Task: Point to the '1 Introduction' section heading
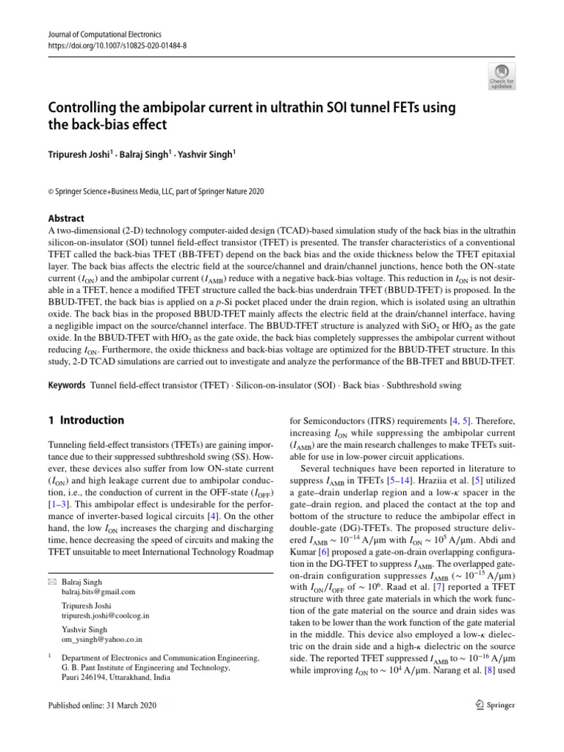pos(86,421)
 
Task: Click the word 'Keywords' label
pos(66,385)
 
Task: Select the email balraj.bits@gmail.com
pos(98,591)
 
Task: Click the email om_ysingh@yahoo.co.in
pos(102,640)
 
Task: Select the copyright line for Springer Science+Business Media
pos(156,192)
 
